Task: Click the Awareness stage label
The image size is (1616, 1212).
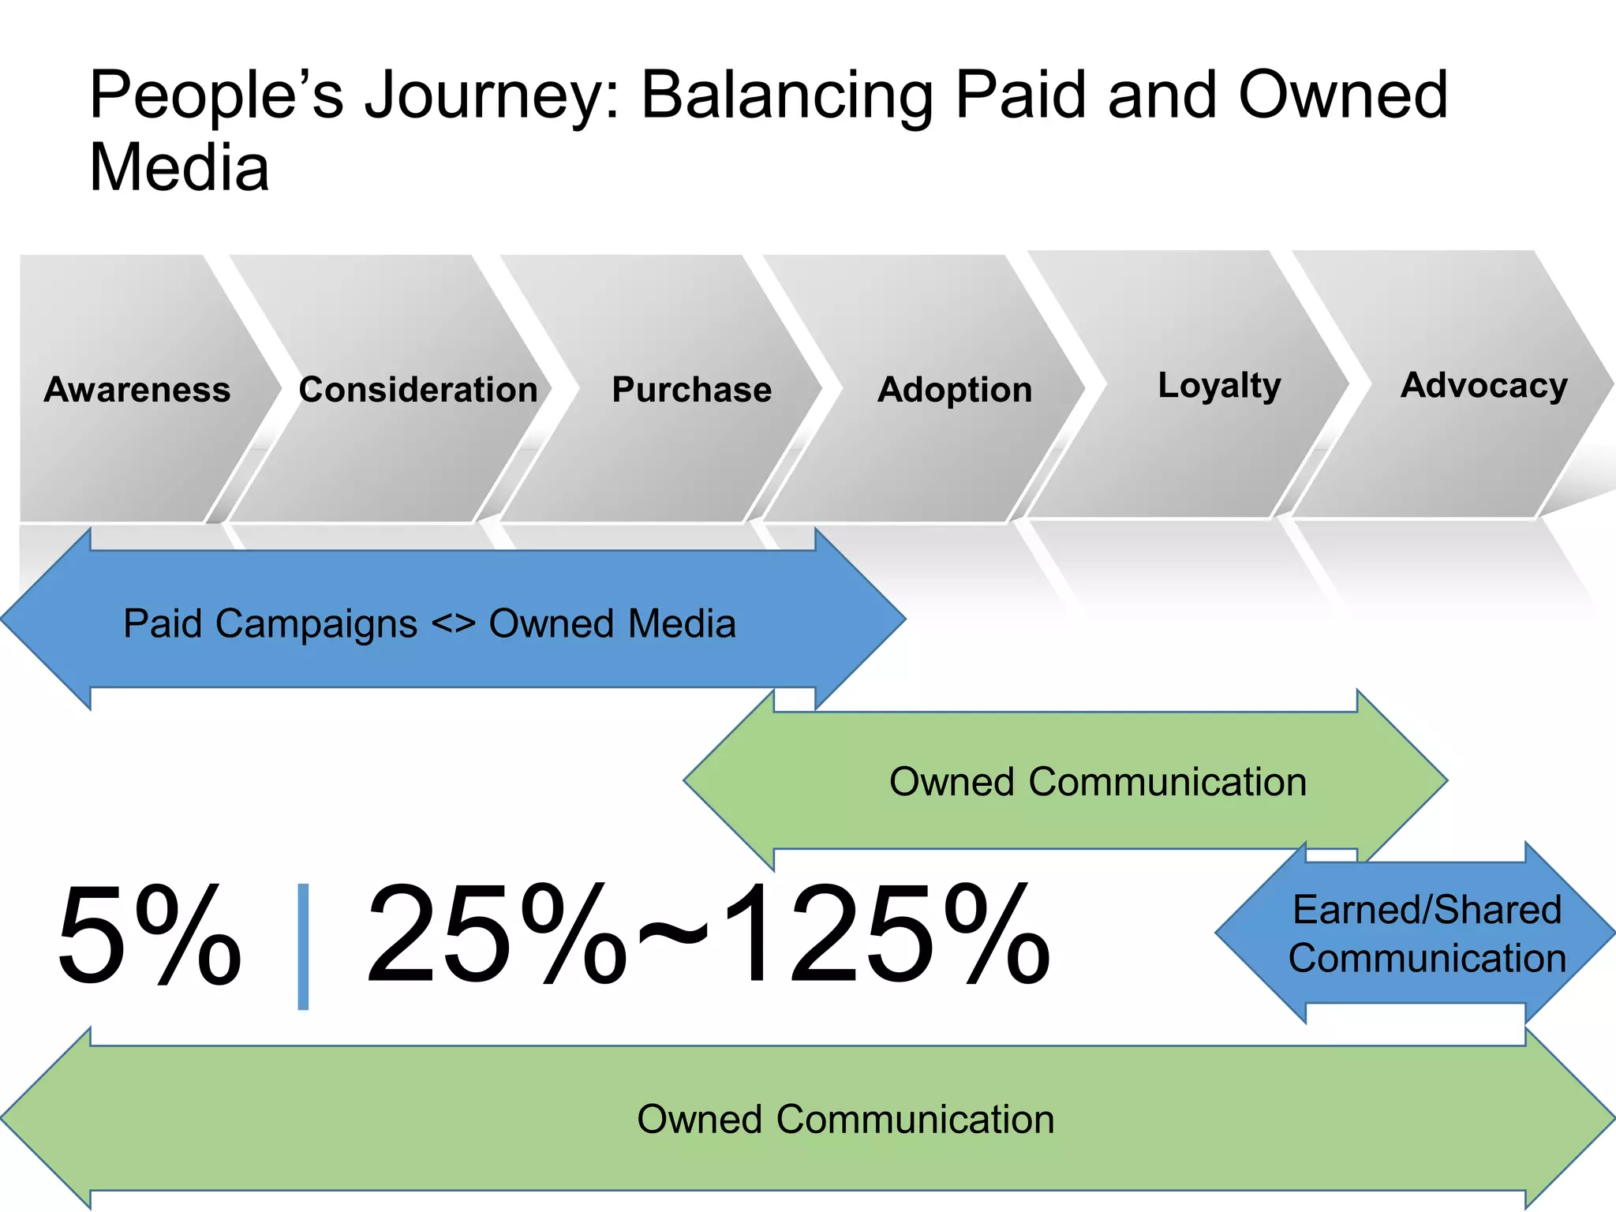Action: tap(137, 390)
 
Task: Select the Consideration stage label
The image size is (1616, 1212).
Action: tap(418, 390)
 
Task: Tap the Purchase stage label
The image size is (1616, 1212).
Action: tap(692, 390)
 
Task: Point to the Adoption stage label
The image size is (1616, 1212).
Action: tap(955, 390)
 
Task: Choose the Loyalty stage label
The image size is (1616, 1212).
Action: tap(1219, 386)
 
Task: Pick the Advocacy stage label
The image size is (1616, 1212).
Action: tap(1484, 386)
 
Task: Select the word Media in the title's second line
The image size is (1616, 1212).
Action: tap(179, 167)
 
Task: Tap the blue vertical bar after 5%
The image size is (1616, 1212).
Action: tap(303, 947)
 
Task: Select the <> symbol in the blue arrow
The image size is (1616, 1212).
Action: tap(453, 624)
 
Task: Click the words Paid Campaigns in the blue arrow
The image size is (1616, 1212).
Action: tap(270, 624)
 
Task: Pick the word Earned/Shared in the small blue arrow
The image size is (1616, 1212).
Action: tap(1427, 910)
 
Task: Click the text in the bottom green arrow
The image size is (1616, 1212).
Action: tap(845, 1119)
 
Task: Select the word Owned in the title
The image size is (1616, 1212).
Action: tap(1343, 96)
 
